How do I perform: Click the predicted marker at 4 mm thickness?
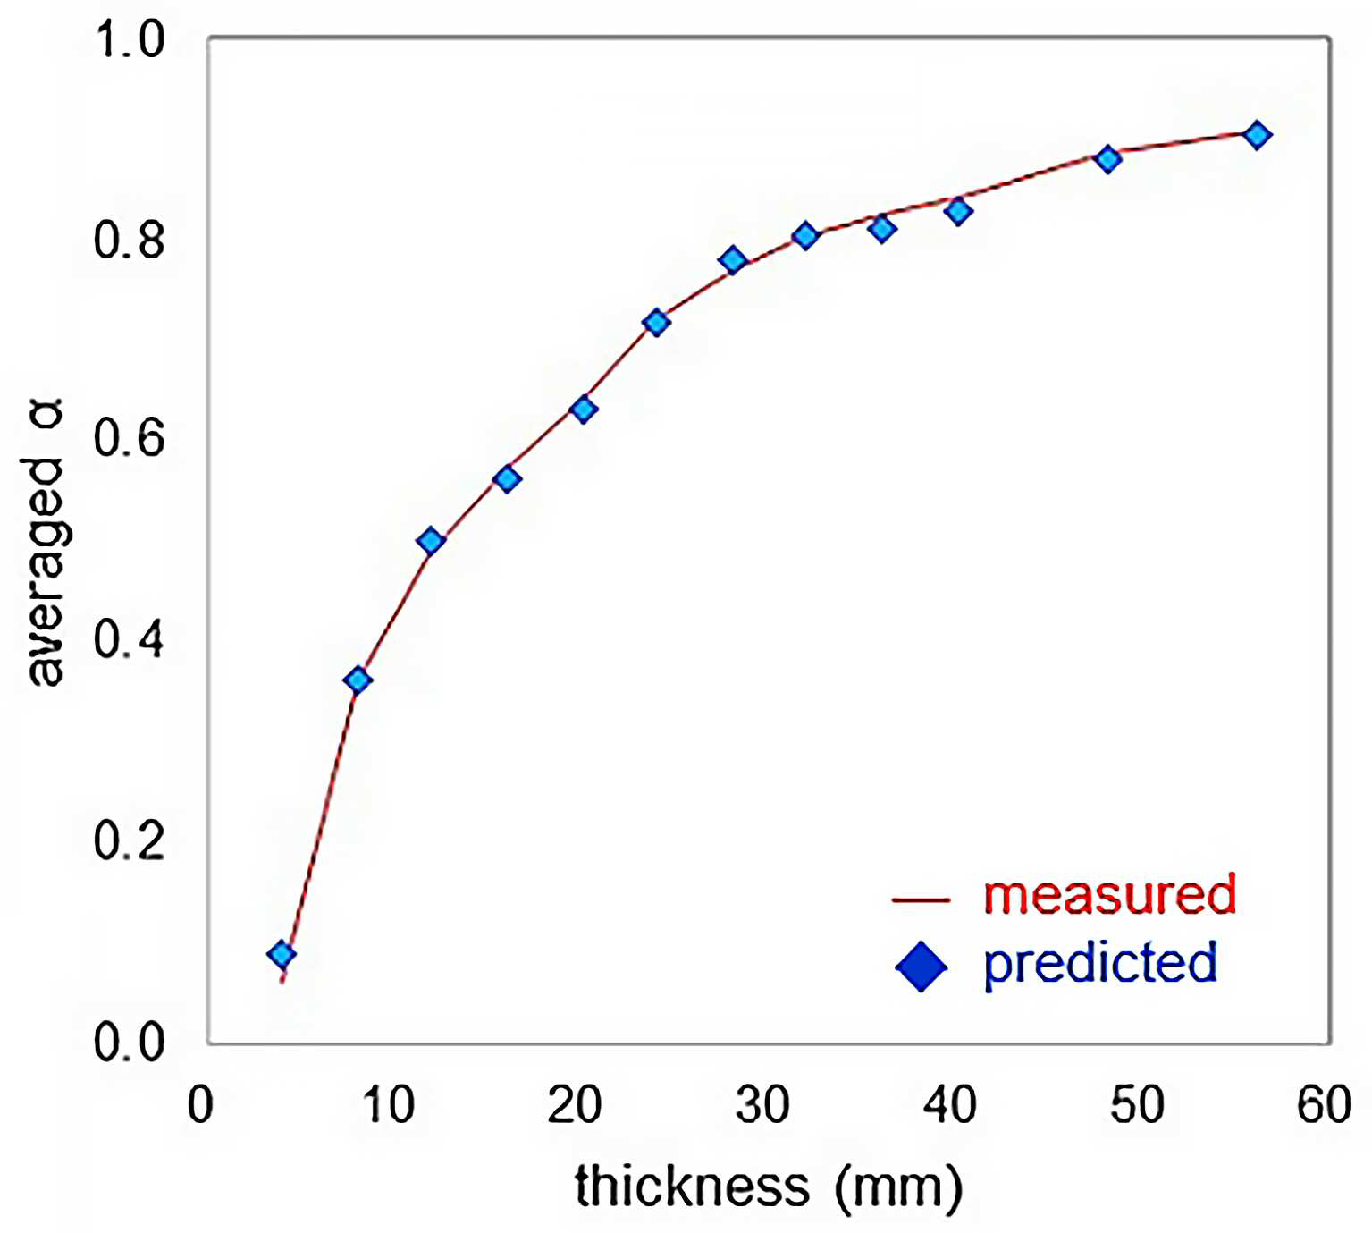click(x=282, y=955)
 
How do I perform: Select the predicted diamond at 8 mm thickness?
click(x=358, y=680)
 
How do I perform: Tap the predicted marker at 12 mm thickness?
click(x=432, y=541)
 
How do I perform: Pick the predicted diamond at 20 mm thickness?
click(x=584, y=410)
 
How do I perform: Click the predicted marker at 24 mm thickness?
click(x=656, y=323)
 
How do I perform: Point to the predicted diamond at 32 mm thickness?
click(x=805, y=236)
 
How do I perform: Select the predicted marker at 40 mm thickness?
click(x=957, y=211)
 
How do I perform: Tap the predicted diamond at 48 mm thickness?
click(x=1108, y=159)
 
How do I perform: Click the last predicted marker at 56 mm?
click(x=1258, y=136)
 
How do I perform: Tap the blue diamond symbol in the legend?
click(x=921, y=966)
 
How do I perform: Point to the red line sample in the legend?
click(x=921, y=899)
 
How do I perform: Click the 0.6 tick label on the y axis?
click(x=129, y=437)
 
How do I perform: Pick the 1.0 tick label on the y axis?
click(x=129, y=39)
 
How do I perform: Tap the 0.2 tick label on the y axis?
click(x=129, y=840)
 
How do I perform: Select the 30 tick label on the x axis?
click(x=762, y=1105)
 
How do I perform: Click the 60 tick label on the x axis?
click(x=1324, y=1105)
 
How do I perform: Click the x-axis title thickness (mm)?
click(x=769, y=1187)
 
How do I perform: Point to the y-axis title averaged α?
click(x=46, y=542)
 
